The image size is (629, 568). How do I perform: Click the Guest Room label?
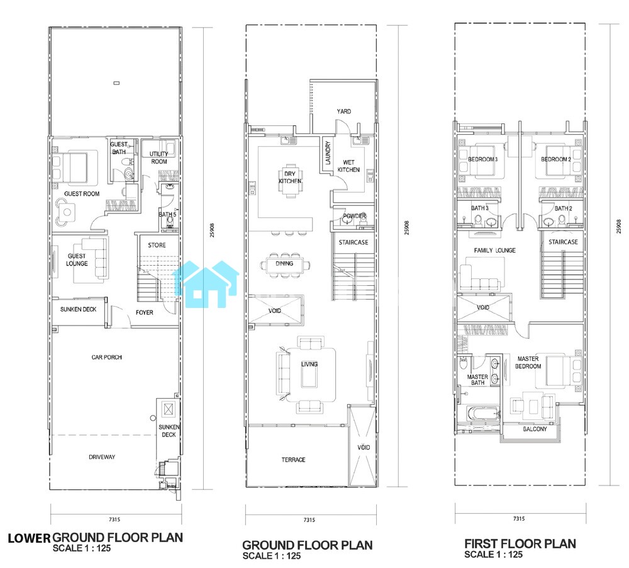(x=82, y=193)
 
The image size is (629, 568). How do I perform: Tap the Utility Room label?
(x=159, y=157)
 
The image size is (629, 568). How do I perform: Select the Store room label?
(x=157, y=245)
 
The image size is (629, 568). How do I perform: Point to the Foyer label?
(x=145, y=312)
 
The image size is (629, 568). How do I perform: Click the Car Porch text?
(x=107, y=357)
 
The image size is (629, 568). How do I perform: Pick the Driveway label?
(x=102, y=457)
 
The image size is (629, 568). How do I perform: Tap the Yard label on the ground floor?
(x=344, y=111)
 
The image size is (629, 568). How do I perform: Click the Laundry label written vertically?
(x=328, y=153)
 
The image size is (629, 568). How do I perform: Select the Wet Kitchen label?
(x=348, y=166)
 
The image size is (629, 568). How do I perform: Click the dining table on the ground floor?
(x=284, y=264)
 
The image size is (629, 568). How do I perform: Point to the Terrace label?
(x=293, y=460)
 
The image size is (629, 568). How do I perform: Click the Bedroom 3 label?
(x=482, y=159)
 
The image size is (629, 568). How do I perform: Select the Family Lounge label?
(x=494, y=250)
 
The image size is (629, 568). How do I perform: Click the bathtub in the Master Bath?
(x=483, y=414)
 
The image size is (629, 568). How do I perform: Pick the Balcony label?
(x=535, y=429)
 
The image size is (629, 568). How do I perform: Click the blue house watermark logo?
(x=206, y=284)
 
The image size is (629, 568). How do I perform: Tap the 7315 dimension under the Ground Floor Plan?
(x=309, y=520)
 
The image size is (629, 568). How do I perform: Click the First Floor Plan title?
(x=520, y=544)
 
